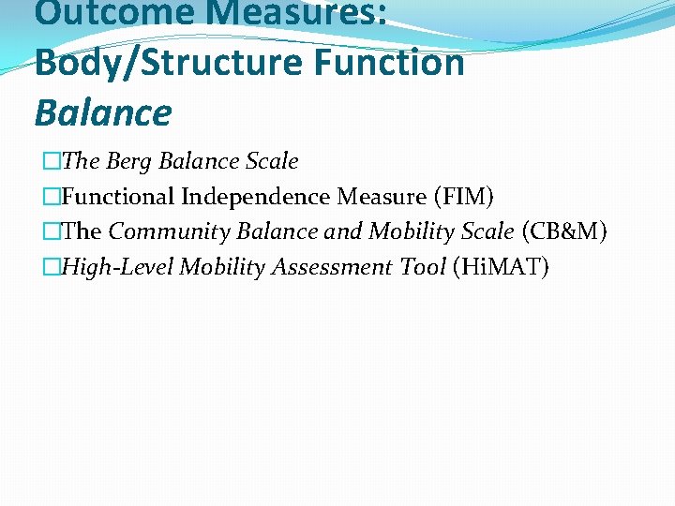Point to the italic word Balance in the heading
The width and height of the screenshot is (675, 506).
point(103,113)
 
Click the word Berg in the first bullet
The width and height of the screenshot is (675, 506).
point(129,161)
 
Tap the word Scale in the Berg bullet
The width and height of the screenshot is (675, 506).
point(272,161)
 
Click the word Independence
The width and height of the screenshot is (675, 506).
point(256,197)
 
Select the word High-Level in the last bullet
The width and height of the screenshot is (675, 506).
point(118,267)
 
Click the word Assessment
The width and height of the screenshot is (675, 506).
point(332,267)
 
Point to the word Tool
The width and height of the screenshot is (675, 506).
point(423,267)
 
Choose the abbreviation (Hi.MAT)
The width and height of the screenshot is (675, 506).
point(501,267)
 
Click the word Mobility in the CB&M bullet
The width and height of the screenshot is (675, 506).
point(409,231)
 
